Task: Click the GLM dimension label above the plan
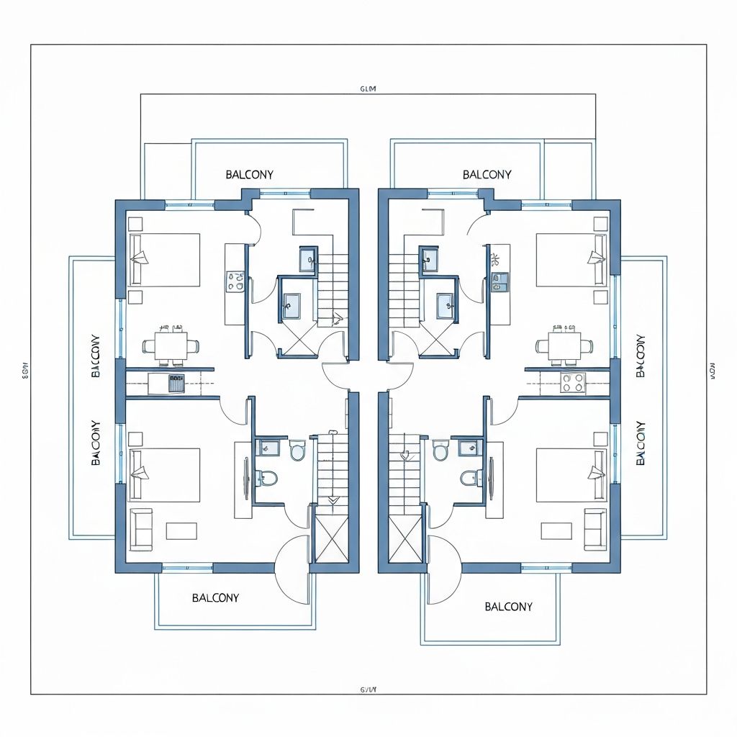tap(368, 89)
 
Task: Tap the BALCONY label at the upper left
tap(249, 175)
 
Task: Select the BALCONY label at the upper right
tap(487, 175)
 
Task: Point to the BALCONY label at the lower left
tap(216, 598)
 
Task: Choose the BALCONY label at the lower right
tap(509, 607)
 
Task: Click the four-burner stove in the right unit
tap(574, 382)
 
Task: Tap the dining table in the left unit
tap(171, 345)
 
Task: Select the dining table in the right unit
tap(564, 345)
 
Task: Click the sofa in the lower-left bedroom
tap(141, 530)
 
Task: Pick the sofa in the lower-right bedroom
tap(595, 530)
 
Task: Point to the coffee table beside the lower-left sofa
tap(181, 531)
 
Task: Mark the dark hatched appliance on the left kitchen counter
tap(176, 383)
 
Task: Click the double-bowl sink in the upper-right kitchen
tap(498, 281)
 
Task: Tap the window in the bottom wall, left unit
tap(187, 569)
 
